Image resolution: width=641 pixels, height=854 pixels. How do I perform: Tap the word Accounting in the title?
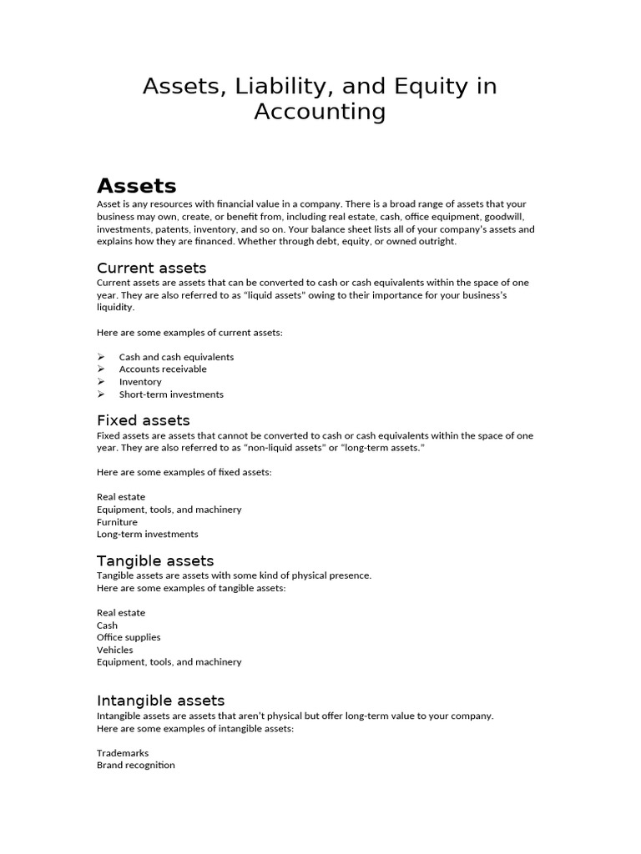point(320,112)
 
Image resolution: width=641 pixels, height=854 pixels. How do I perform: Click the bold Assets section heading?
point(136,185)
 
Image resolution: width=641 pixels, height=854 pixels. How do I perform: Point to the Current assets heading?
point(151,268)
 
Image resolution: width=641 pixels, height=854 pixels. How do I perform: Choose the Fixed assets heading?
point(144,420)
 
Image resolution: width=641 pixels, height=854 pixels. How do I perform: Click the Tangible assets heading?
point(155,560)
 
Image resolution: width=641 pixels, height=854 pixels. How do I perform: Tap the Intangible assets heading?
point(160,701)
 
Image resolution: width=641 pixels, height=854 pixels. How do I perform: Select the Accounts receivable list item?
point(163,369)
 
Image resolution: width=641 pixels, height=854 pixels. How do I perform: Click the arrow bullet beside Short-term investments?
point(101,394)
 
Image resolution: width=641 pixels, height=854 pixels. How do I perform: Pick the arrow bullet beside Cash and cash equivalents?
point(101,357)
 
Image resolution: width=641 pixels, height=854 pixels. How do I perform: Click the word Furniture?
point(117,522)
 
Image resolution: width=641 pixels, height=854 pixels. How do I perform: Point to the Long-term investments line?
point(147,535)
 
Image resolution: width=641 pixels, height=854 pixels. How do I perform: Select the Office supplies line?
point(129,637)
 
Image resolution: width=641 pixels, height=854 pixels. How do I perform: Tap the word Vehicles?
point(114,650)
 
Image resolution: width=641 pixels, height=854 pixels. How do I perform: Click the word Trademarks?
point(123,753)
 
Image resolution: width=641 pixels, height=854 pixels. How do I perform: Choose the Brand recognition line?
point(136,765)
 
